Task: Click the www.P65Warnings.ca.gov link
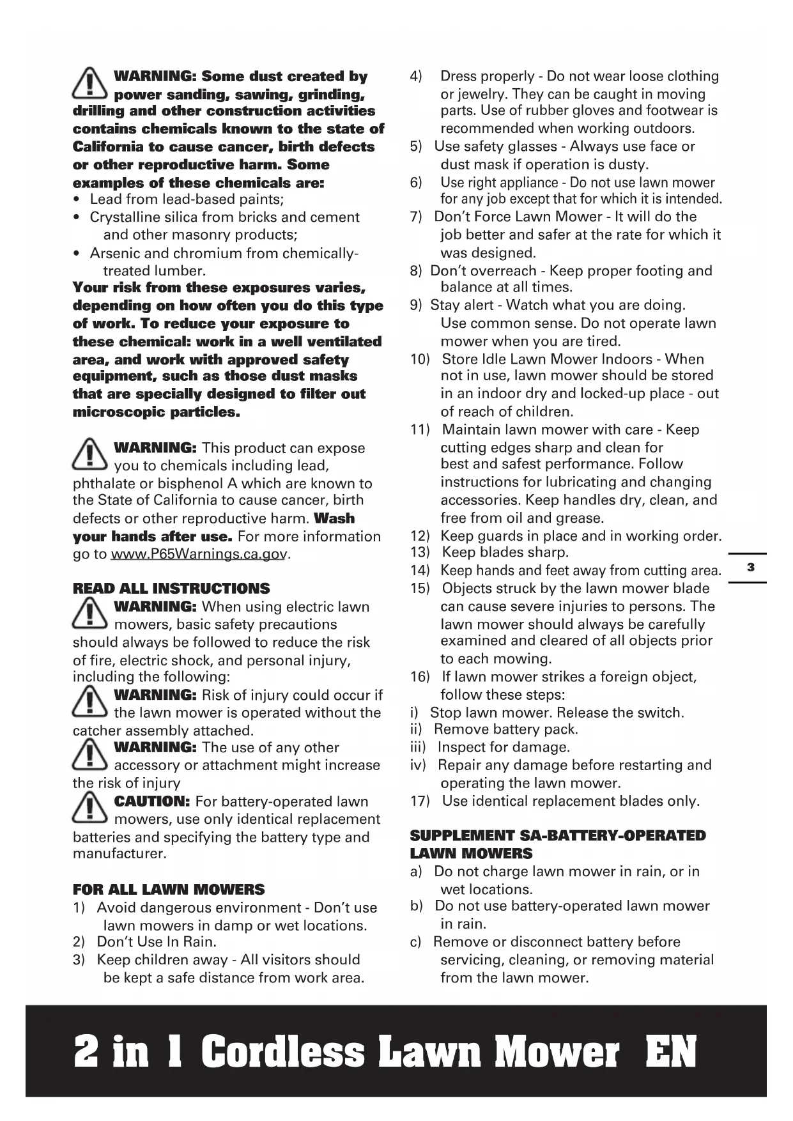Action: pyautogui.click(x=198, y=554)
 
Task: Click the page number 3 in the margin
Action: pyautogui.click(x=750, y=567)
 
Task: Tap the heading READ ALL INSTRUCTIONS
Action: pyautogui.click(x=171, y=589)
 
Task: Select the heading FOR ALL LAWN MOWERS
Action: pyautogui.click(x=169, y=890)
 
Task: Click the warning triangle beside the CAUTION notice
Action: pyautogui.click(x=90, y=808)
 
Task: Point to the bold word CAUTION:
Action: pyautogui.click(x=152, y=801)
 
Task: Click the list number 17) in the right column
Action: pyautogui.click(x=420, y=801)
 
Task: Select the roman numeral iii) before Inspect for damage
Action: pyautogui.click(x=418, y=747)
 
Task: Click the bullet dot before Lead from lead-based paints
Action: pyautogui.click(x=77, y=199)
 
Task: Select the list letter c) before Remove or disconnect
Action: pyautogui.click(x=416, y=942)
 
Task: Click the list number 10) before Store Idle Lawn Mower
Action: pyautogui.click(x=420, y=359)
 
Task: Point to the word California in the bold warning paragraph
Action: pyautogui.click(x=109, y=147)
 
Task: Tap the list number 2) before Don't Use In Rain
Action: pyautogui.click(x=79, y=942)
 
